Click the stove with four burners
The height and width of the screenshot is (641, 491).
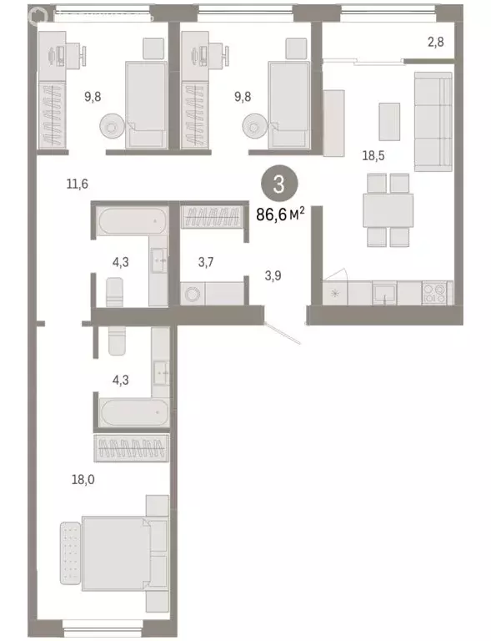point(435,293)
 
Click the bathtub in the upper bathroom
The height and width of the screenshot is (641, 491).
point(131,222)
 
